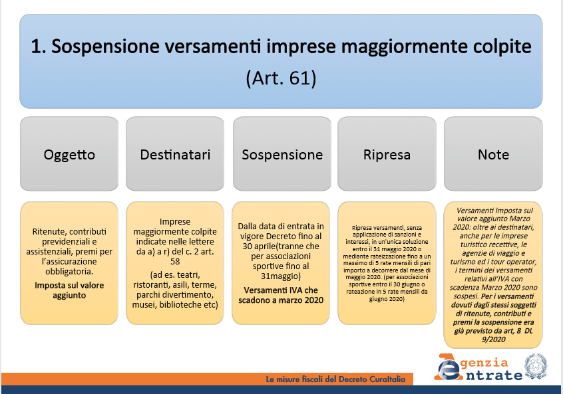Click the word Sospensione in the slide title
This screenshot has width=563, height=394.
105,47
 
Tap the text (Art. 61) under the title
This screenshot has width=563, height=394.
281,78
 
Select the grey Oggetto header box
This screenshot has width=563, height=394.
69,153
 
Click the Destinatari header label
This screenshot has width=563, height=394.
175,155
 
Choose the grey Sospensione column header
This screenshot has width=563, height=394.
282,153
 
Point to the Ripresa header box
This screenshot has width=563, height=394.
387,153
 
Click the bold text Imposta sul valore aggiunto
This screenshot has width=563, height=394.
69,290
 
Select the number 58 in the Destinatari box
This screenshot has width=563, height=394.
175,261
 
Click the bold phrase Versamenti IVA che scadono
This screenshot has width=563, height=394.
281,295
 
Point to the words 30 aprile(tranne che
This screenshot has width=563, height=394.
281,246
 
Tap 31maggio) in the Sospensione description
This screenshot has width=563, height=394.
281,276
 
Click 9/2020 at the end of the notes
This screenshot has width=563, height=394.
494,340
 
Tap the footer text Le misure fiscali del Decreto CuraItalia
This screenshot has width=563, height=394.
335,379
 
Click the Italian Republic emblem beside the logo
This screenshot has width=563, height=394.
535,366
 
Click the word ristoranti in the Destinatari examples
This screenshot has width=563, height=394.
151,285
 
